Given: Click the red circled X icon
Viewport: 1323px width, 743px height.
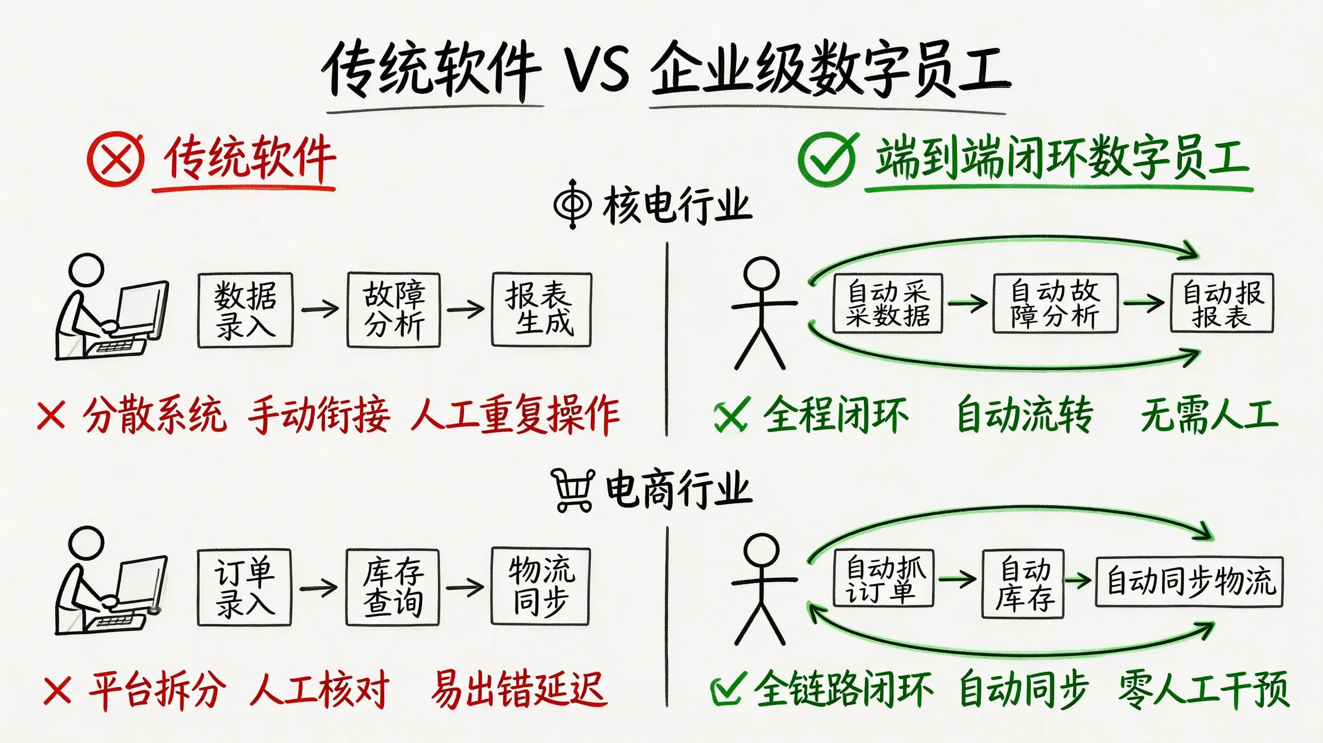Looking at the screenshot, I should [x=116, y=159].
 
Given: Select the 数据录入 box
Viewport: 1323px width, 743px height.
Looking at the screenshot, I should [x=245, y=310].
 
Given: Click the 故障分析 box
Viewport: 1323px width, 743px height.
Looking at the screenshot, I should [x=394, y=310].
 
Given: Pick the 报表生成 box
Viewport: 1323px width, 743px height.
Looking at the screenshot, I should [x=541, y=310].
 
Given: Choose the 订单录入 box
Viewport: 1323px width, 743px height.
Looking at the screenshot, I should [x=244, y=587].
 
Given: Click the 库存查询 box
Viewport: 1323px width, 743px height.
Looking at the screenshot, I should [x=393, y=587].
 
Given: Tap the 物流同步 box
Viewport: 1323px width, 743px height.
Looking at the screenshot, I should [x=540, y=587].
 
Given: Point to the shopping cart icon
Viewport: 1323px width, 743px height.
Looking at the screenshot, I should [x=573, y=490].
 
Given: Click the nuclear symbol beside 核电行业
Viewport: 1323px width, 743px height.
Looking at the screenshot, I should [x=573, y=204].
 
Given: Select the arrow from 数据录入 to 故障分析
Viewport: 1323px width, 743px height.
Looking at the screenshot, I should [x=320, y=309].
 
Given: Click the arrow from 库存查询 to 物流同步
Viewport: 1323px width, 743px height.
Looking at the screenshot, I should [x=465, y=587].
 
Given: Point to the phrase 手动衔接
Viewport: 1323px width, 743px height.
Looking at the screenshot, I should [x=318, y=414].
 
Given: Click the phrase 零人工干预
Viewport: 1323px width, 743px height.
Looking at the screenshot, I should [x=1203, y=690].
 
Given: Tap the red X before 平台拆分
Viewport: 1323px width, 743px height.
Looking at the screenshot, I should [x=58, y=690].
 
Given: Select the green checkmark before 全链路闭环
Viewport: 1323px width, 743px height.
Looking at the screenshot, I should [x=726, y=690].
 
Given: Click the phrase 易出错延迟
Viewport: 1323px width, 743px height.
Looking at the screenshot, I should [x=519, y=689].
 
